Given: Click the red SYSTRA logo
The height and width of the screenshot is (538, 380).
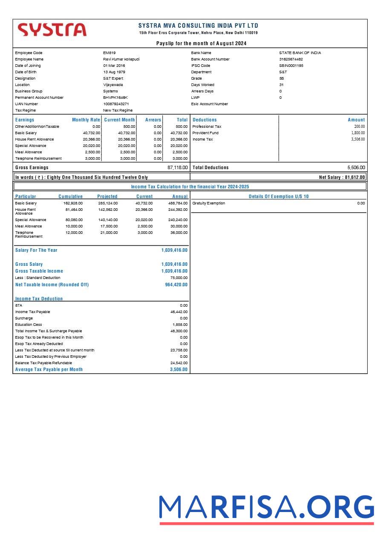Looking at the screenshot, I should [x=52, y=30].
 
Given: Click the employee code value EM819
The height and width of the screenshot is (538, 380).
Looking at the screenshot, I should [x=109, y=53].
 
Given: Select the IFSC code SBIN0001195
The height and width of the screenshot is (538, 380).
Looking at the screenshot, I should [x=291, y=66].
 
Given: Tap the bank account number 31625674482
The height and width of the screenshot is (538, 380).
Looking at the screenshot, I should [x=291, y=59].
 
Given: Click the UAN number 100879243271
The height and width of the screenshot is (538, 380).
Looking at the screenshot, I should [x=116, y=104].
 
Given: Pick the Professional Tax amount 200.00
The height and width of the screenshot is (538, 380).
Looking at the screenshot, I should [x=359, y=127].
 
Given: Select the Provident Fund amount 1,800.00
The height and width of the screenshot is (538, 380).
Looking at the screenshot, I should [x=358, y=133].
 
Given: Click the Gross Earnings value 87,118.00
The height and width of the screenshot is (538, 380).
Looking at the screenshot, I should [x=178, y=168].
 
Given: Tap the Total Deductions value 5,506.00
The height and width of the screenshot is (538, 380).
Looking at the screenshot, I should [x=356, y=168].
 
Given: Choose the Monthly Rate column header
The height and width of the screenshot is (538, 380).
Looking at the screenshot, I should [x=86, y=120].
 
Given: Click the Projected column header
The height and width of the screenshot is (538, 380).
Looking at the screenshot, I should [x=107, y=197].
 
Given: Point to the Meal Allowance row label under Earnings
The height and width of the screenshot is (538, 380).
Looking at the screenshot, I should [x=29, y=152].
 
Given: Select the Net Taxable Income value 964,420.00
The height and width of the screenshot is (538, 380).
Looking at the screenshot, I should [x=176, y=285].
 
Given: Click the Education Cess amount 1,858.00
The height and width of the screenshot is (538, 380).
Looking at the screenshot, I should [x=180, y=325].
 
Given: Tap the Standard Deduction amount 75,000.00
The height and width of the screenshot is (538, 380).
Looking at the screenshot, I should [x=179, y=278].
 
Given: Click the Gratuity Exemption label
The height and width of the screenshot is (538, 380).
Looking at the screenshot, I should [x=209, y=203].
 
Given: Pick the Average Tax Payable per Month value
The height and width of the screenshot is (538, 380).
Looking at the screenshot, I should [x=178, y=370].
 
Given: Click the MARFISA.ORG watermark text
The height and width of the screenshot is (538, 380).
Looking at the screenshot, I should [x=266, y=508].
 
